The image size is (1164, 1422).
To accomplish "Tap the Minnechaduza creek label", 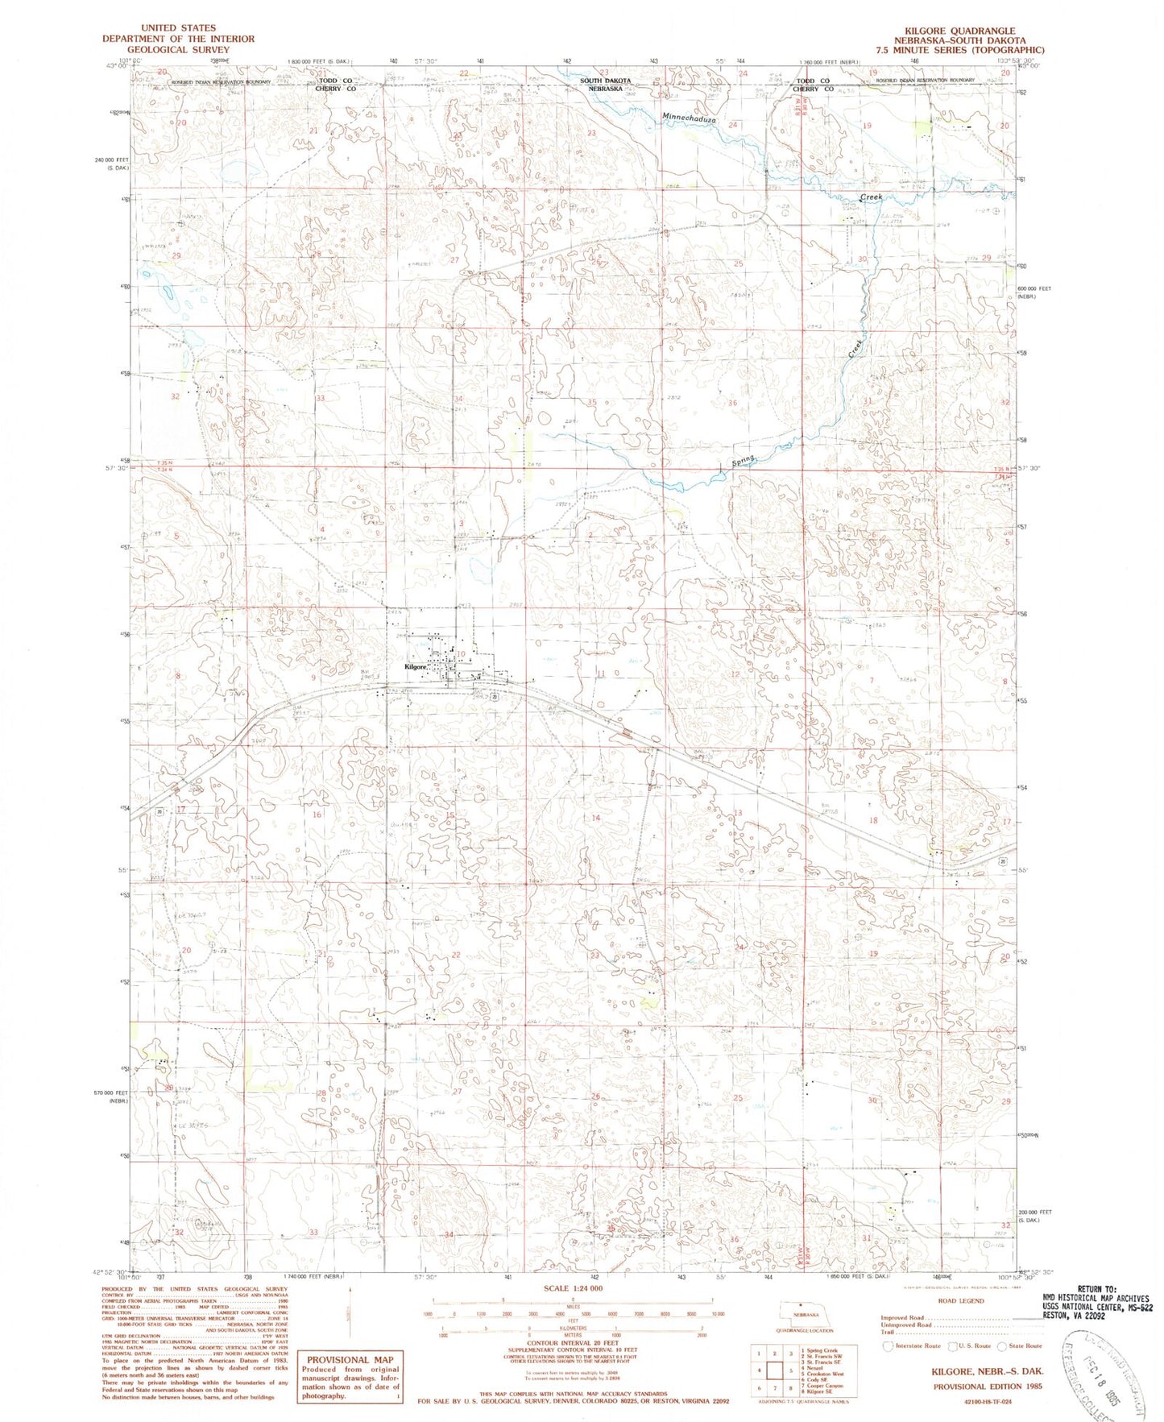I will click(x=689, y=118).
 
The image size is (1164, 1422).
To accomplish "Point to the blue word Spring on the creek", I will click(x=744, y=462).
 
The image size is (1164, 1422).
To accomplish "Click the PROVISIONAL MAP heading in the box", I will click(x=350, y=1359).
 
